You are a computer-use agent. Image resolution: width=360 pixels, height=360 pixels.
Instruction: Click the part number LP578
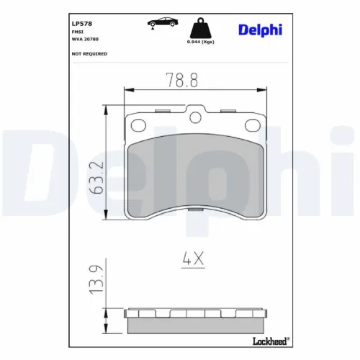coord(82,24)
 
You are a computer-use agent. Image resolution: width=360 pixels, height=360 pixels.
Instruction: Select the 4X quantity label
coord(192,257)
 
